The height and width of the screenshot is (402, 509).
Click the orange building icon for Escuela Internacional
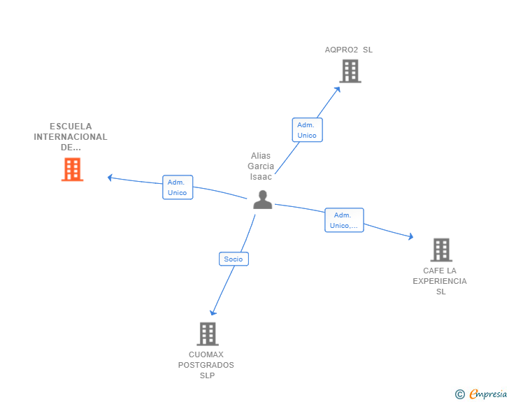pyautogui.click(x=72, y=169)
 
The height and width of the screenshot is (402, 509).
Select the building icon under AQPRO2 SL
pyautogui.click(x=350, y=71)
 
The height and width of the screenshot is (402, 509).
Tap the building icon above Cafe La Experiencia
pyautogui.click(x=440, y=250)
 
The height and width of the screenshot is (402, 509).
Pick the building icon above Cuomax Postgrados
pyautogui.click(x=207, y=333)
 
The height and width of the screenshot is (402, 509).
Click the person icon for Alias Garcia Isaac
pyautogui.click(x=262, y=200)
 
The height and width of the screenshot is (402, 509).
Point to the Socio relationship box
pyautogui.click(x=234, y=259)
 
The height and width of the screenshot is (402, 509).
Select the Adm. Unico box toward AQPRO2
pyautogui.click(x=307, y=130)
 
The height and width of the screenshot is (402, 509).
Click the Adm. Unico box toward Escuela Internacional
pyautogui.click(x=178, y=187)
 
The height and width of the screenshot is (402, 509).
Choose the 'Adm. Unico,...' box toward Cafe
pyautogui.click(x=344, y=220)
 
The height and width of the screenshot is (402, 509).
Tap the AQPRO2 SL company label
pyautogui.click(x=349, y=50)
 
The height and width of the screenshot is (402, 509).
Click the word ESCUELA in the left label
pyautogui.click(x=71, y=127)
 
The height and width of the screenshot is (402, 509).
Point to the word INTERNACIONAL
pyautogui.click(x=71, y=137)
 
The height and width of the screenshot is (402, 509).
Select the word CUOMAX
pyautogui.click(x=206, y=354)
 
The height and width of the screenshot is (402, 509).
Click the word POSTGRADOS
pyautogui.click(x=206, y=365)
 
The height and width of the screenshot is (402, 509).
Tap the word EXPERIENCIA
pyautogui.click(x=440, y=281)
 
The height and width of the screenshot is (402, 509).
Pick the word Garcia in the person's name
pyautogui.click(x=261, y=166)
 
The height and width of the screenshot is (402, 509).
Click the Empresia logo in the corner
pyautogui.click(x=482, y=394)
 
